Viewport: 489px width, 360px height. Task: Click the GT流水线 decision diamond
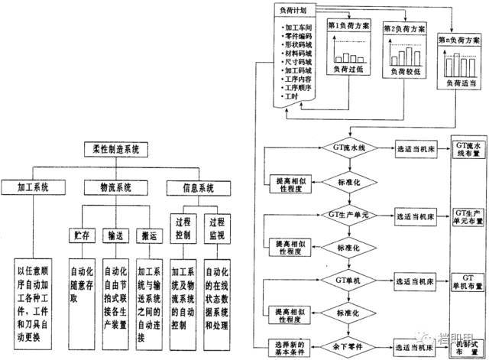(348, 149)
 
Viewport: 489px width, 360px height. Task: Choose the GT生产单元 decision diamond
(348, 216)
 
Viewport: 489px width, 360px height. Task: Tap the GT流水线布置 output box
(465, 149)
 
